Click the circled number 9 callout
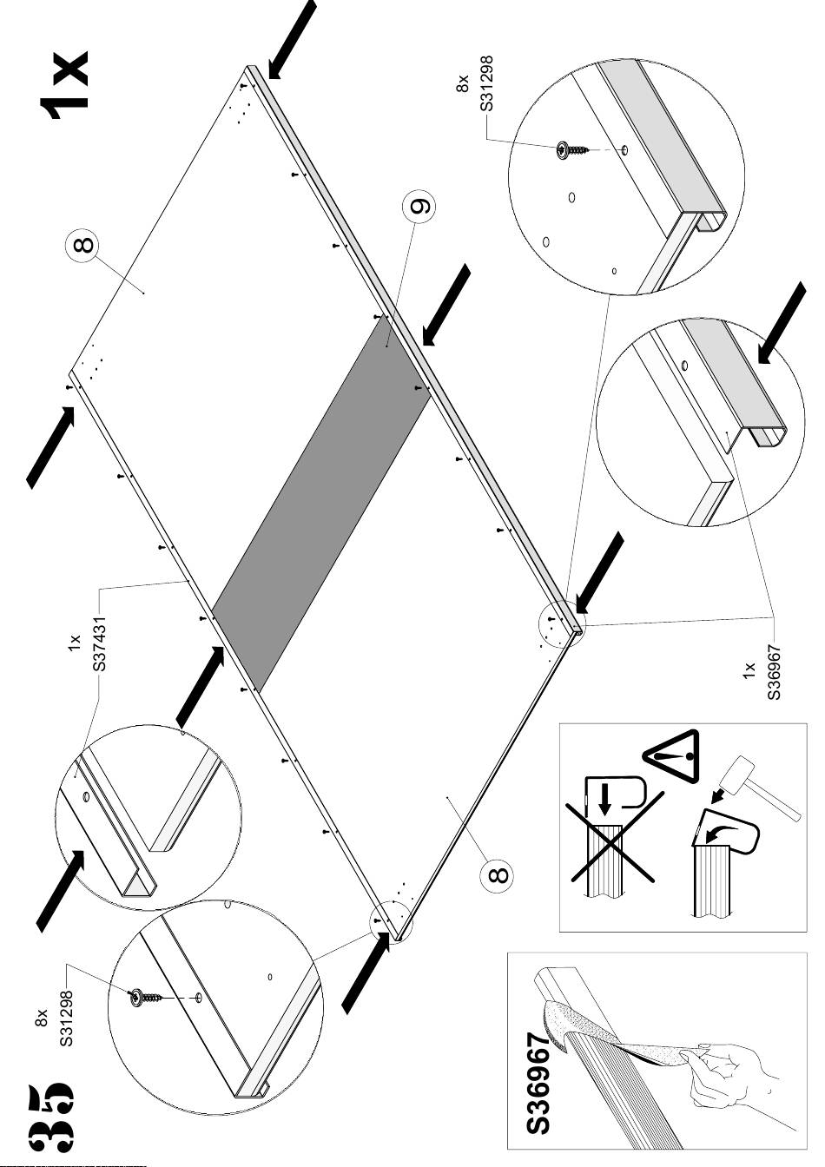click(x=419, y=208)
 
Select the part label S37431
click(x=101, y=643)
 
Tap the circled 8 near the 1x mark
click(x=82, y=246)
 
